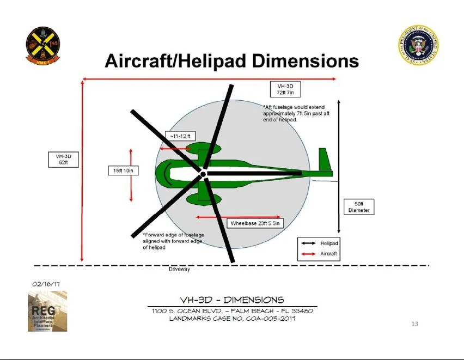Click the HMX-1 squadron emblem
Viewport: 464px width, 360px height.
point(42,46)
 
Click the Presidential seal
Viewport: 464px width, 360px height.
point(418,45)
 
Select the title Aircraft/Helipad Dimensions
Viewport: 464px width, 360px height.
point(231,60)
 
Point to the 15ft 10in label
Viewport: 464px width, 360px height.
point(123,171)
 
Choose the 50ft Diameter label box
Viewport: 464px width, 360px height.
point(359,207)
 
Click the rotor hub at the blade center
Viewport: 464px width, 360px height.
point(203,174)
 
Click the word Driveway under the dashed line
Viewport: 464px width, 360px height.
point(179,270)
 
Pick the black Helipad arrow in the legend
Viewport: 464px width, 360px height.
point(308,243)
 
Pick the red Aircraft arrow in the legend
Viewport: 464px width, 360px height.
point(308,254)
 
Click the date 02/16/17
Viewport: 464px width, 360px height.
point(46,284)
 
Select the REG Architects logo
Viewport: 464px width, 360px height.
point(47,311)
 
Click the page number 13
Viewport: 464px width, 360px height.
point(414,324)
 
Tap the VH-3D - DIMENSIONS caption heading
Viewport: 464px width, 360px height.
point(232,300)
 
